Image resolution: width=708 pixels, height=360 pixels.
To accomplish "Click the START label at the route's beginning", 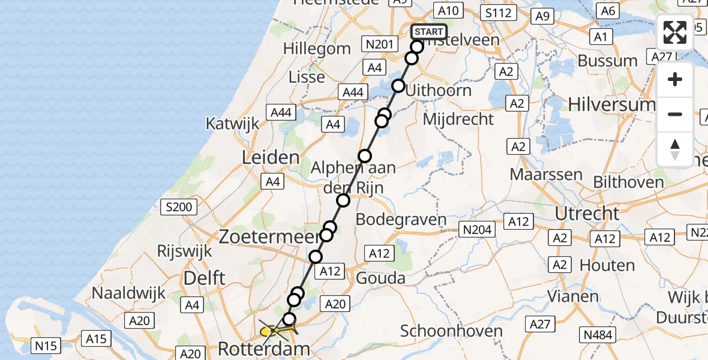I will pyautogui.click(x=429, y=32).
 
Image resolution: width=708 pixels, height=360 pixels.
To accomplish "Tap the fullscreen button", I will pyautogui.click(x=675, y=32).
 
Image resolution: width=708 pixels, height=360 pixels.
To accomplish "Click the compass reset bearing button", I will pyautogui.click(x=675, y=149).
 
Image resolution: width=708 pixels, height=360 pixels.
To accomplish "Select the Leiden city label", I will pyautogui.click(x=270, y=158).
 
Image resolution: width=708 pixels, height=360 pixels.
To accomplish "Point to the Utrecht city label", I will pyautogui.click(x=587, y=214).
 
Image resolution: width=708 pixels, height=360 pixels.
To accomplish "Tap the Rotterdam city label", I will pyautogui.click(x=264, y=349).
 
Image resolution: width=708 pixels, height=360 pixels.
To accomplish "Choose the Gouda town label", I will pyautogui.click(x=380, y=278).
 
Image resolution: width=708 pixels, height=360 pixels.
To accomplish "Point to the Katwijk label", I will pyautogui.click(x=233, y=124).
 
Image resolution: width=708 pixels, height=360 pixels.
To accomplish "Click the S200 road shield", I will pyautogui.click(x=179, y=208).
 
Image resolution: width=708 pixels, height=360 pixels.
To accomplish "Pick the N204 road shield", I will pyautogui.click(x=477, y=229).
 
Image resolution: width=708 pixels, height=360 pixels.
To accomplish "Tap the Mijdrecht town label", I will pyautogui.click(x=458, y=118).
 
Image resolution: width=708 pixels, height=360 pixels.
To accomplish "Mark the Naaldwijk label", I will pyautogui.click(x=125, y=293).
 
